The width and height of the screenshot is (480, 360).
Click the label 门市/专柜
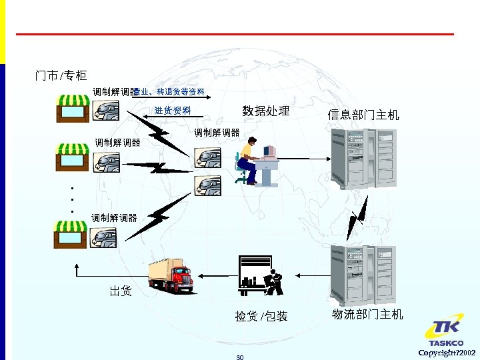(61, 76)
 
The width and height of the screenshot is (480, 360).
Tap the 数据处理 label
(265, 111)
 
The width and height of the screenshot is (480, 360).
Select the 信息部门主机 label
(363, 115)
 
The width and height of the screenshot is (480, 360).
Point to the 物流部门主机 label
(367, 314)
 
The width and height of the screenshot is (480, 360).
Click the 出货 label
(121, 291)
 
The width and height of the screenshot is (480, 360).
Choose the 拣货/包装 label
(261, 316)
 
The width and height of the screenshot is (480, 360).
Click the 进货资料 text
(172, 110)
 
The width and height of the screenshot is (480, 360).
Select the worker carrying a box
(274, 282)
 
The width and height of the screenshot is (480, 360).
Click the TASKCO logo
(445, 334)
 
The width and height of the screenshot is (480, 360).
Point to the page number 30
(240, 357)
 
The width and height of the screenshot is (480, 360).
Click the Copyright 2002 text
(447, 352)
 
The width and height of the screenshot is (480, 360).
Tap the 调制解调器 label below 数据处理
(217, 133)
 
